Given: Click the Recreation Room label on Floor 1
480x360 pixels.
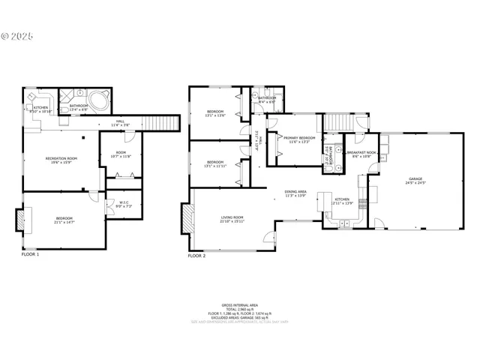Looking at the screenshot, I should [61, 158].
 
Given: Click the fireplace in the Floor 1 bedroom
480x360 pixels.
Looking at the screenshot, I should [20, 220].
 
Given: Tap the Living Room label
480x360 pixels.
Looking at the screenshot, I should [231, 217].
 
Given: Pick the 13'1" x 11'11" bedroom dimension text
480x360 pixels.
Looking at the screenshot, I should [215, 165].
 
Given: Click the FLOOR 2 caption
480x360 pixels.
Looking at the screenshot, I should [196, 255].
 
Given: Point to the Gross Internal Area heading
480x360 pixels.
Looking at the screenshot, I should [241, 305].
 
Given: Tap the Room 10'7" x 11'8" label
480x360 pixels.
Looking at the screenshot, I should [121, 154].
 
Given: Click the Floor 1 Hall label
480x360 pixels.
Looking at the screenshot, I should [120, 123].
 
